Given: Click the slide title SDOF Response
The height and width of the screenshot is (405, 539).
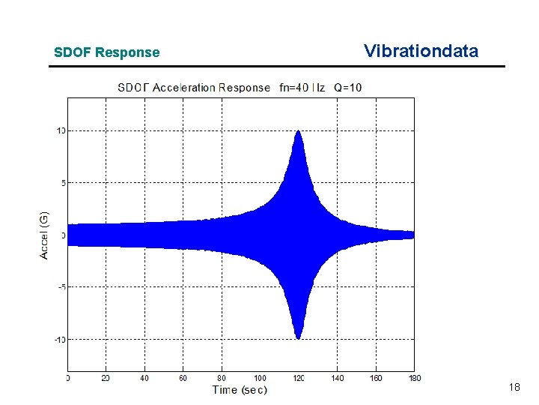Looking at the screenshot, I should tap(106, 52).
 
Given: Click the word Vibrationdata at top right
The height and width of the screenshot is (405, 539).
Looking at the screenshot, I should tap(421, 51).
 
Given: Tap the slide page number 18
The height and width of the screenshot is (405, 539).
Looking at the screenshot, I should tap(514, 387).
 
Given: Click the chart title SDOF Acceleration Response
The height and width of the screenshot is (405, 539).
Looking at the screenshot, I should tap(193, 88).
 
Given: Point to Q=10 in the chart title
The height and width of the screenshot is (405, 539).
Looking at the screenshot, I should tap(347, 88).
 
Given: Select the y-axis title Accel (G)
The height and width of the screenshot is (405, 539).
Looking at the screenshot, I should tap(44, 235).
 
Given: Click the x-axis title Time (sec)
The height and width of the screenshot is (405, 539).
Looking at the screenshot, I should tap(240, 390).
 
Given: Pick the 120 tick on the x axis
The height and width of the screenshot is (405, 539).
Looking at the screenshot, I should tap(298, 378).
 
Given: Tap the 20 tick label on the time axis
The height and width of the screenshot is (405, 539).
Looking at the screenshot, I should tap(106, 378).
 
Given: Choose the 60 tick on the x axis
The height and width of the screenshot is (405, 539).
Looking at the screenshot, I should tap(183, 378).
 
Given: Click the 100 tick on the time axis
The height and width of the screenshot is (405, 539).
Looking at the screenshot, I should tap(260, 378).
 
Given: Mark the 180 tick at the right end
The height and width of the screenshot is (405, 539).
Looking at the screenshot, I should tap(413, 378).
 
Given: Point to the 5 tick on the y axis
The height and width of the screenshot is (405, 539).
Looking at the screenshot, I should tap(62, 182).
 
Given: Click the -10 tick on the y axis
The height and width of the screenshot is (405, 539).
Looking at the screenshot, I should tap(59, 339).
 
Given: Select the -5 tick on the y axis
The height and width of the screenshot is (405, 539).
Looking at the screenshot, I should tap(61, 286).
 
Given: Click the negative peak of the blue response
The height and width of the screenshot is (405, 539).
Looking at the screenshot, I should tap(298, 337).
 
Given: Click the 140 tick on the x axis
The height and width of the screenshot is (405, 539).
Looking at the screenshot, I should tap(337, 378).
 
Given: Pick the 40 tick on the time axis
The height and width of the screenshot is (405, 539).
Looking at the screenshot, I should tap(144, 378).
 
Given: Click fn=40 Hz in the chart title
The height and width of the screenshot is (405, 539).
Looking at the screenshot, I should tap(302, 88).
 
